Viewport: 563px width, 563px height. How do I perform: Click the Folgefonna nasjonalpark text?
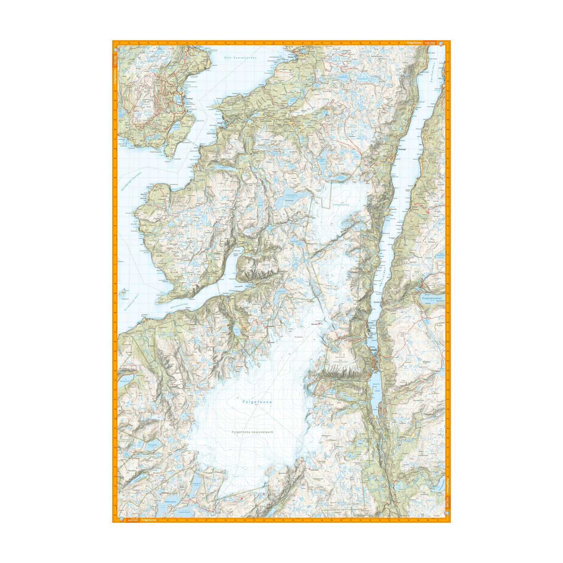coord(253,432)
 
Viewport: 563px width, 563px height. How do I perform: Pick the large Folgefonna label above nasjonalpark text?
coord(257,402)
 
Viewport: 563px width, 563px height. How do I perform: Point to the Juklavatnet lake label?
coord(292,195)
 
